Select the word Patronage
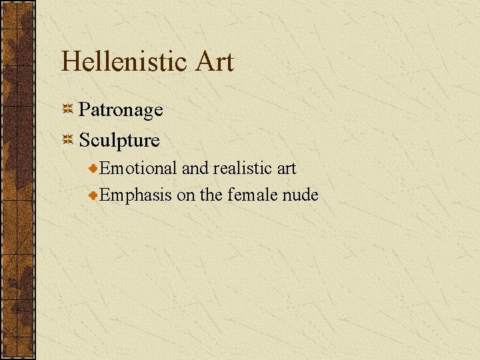click(x=121, y=110)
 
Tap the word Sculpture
click(x=119, y=140)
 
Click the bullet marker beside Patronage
click(x=68, y=109)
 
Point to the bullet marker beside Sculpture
click(x=68, y=139)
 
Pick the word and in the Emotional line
click(x=195, y=169)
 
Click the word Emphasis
click(x=136, y=195)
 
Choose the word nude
click(x=301, y=195)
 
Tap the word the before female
click(x=211, y=195)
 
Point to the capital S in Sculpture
click(x=85, y=140)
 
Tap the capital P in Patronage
click(x=85, y=110)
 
